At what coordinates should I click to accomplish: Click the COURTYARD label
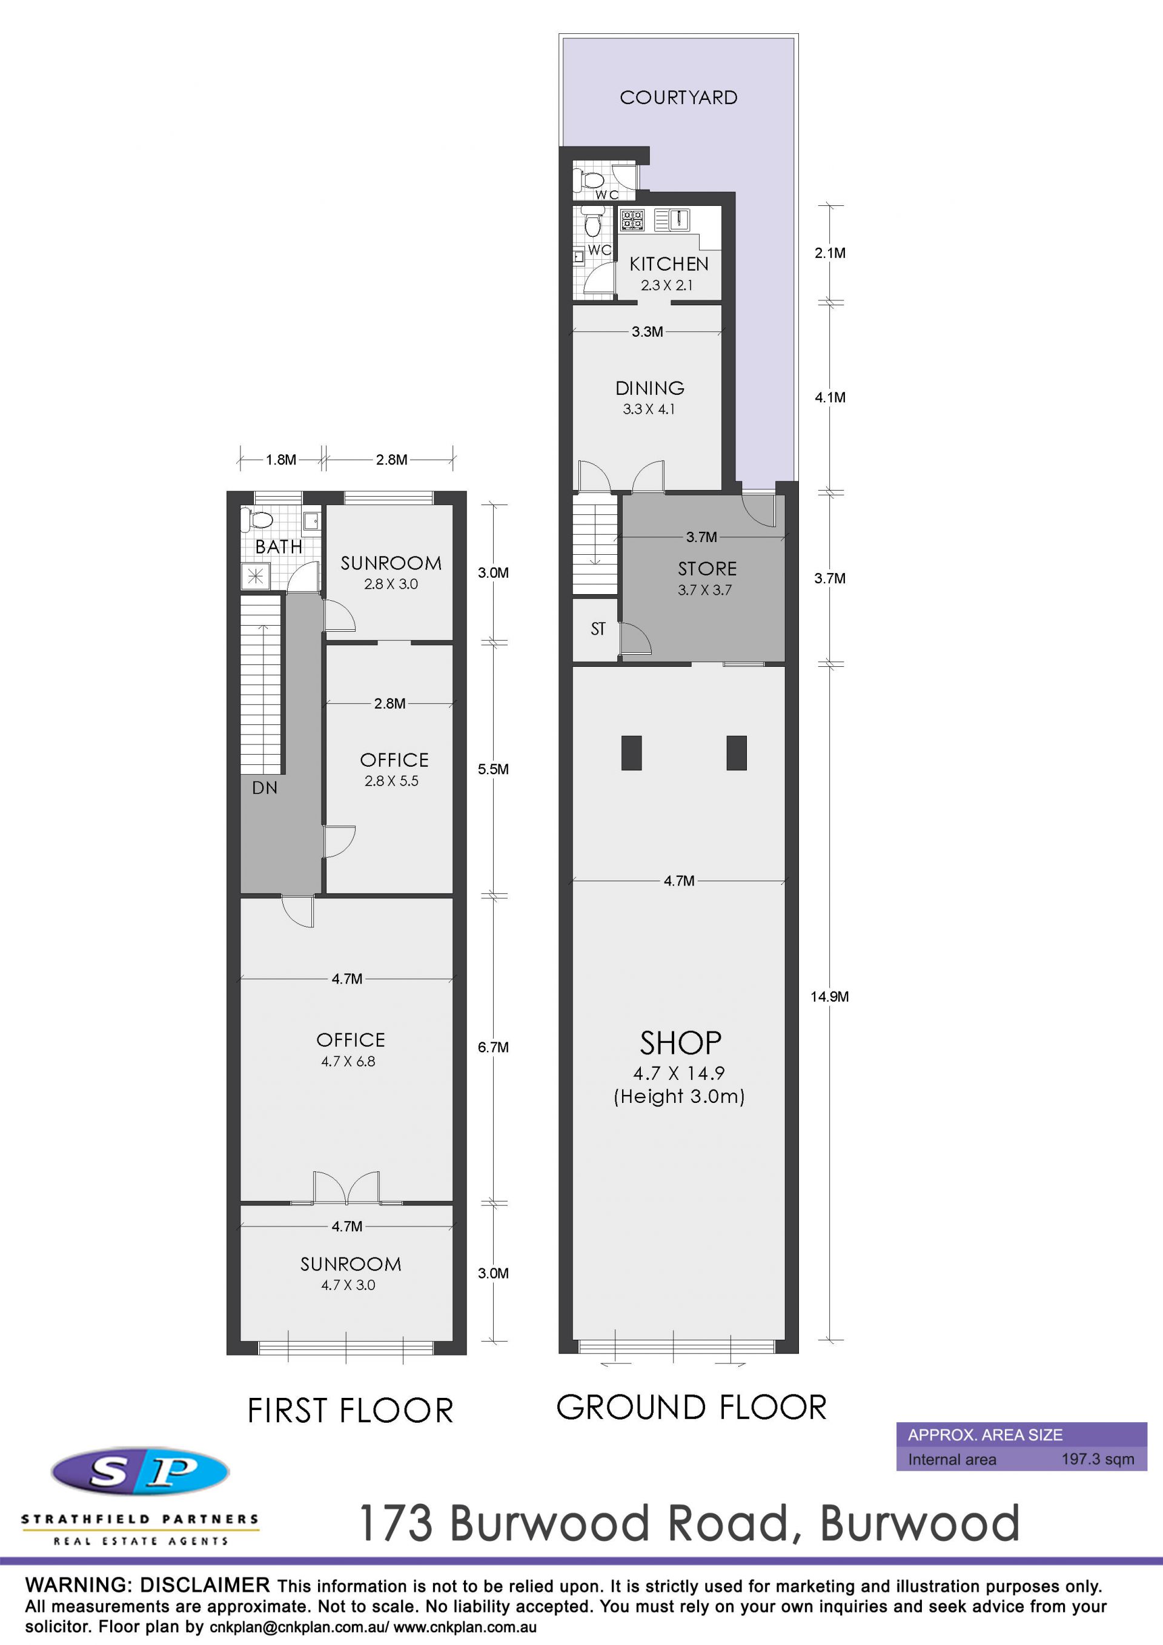click(x=678, y=98)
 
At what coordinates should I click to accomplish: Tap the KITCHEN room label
click(x=669, y=263)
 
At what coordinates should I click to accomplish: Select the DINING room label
click(x=650, y=388)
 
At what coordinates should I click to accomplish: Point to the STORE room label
click(x=707, y=569)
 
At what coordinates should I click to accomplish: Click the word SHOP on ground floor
click(x=681, y=1043)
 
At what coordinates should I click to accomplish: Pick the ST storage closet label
click(x=598, y=629)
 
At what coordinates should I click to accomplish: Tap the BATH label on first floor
click(x=279, y=547)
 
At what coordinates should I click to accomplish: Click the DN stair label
click(x=265, y=788)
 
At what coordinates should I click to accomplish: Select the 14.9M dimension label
click(x=830, y=996)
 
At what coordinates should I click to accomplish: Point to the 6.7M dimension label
click(x=494, y=1047)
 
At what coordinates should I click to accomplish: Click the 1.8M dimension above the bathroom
click(x=281, y=460)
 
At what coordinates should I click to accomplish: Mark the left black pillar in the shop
click(x=631, y=753)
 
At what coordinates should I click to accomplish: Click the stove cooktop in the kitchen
click(x=632, y=219)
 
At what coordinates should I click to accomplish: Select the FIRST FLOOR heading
click(x=350, y=1411)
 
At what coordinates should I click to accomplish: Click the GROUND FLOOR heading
click(x=692, y=1407)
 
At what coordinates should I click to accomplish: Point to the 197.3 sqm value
click(x=1098, y=1460)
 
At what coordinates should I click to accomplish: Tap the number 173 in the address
click(x=396, y=1523)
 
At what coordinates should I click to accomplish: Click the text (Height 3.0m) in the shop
click(x=679, y=1096)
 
